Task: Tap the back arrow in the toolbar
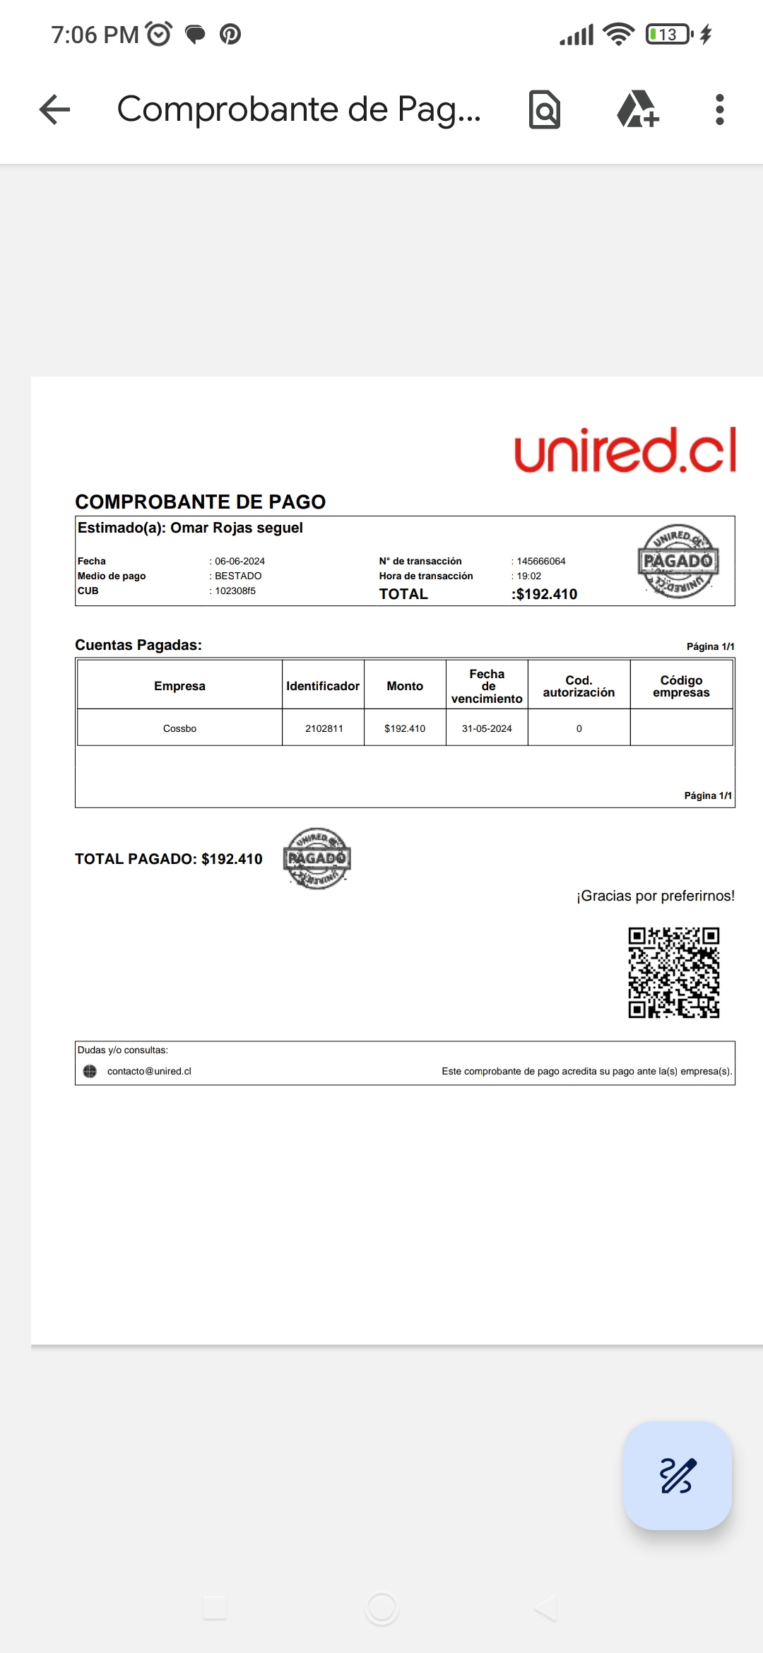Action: point(55,109)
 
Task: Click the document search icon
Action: point(545,109)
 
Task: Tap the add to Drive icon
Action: point(637,109)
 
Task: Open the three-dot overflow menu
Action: point(719,109)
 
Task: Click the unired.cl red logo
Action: point(625,450)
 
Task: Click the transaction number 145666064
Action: point(541,561)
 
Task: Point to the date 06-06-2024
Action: point(239,561)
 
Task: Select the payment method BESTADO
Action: point(238,576)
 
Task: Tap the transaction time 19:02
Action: point(529,576)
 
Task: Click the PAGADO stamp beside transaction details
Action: point(678,562)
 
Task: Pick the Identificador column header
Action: point(323,686)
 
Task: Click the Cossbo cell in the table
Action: point(179,728)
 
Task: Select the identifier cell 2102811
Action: point(324,728)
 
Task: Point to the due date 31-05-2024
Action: point(487,728)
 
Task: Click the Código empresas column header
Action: point(681,686)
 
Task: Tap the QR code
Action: point(674,972)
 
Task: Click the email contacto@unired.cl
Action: point(149,1071)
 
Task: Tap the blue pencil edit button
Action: point(677,1475)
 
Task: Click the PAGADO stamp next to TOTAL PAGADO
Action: point(317,858)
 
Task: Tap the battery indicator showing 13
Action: point(668,34)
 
